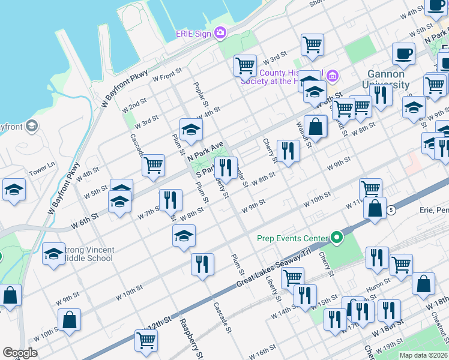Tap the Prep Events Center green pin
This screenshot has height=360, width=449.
click(x=337, y=238)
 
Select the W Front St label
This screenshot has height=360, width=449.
click(x=167, y=76)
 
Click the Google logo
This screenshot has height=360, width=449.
click(x=20, y=353)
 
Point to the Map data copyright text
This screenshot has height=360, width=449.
click(x=423, y=355)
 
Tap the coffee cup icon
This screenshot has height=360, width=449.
click(x=403, y=53)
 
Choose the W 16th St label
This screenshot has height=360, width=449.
click(x=262, y=351)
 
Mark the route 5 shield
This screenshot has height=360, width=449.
click(x=391, y=209)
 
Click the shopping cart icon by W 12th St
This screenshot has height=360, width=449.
click(x=146, y=340)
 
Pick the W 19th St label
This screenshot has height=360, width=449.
click(x=393, y=347)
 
